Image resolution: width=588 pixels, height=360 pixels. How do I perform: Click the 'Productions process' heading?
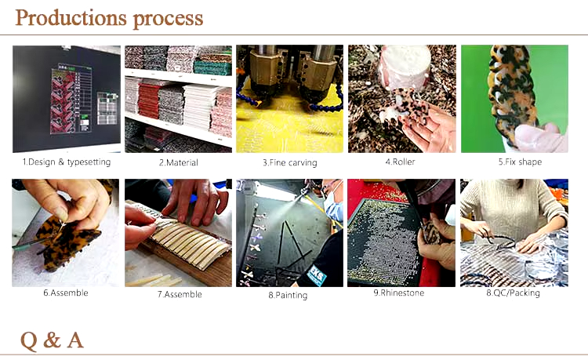(x=109, y=18)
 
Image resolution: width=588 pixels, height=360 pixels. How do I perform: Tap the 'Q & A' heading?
(x=52, y=340)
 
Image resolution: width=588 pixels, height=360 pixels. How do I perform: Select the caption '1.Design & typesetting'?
(x=67, y=162)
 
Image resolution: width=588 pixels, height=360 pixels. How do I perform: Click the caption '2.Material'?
(x=179, y=162)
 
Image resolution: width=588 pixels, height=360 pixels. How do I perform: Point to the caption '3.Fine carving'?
(x=290, y=162)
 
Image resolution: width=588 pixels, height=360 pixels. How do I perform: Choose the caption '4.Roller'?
(x=400, y=162)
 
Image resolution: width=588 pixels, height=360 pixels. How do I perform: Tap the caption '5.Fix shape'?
(x=520, y=162)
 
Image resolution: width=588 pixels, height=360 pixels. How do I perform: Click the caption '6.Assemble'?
(x=66, y=293)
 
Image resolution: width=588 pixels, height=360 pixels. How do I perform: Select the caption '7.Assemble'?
(x=180, y=294)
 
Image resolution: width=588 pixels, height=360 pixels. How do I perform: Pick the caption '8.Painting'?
(x=288, y=295)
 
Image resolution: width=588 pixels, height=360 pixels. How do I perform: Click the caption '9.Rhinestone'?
(x=398, y=293)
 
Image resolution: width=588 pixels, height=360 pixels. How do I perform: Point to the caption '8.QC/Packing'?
(x=513, y=293)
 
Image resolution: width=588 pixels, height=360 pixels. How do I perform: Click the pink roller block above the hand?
(x=405, y=67)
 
